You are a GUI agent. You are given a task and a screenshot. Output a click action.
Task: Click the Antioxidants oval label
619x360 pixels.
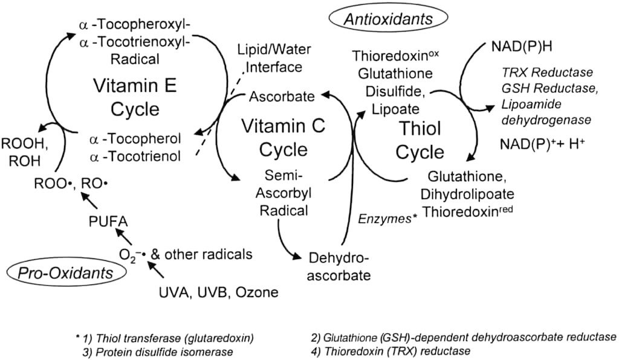tap(389, 19)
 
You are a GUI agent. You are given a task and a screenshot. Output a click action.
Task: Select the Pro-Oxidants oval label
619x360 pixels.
tap(66, 272)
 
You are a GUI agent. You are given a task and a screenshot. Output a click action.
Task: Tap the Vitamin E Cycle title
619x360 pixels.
tap(135, 97)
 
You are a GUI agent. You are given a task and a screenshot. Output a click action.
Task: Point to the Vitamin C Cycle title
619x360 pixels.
tap(284, 138)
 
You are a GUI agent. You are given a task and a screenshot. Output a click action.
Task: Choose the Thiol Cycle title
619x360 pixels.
tap(420, 140)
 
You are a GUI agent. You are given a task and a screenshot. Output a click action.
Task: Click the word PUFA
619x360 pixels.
tap(108, 222)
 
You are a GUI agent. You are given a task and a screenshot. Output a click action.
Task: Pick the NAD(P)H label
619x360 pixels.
tap(522, 47)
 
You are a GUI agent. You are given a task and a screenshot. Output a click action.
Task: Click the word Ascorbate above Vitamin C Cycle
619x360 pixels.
tap(282, 96)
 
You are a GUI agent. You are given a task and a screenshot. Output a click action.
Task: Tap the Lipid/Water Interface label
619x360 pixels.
tap(274, 58)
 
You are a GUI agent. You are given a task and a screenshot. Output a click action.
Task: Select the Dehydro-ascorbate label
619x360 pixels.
tap(339, 266)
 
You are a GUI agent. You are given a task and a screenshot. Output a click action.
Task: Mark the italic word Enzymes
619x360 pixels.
tap(385, 219)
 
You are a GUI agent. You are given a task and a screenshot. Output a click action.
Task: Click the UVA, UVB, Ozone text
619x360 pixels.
tap(219, 292)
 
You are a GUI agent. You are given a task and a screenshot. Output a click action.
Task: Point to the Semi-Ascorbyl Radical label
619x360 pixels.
tap(284, 193)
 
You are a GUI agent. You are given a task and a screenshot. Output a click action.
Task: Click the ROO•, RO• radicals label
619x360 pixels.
tap(71, 184)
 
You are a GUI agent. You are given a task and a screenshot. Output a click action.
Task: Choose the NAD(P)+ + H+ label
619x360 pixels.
tap(542, 144)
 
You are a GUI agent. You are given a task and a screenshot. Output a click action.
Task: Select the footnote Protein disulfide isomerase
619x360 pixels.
tap(158, 352)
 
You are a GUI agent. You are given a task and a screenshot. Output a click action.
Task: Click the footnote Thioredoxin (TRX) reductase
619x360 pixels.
tap(391, 350)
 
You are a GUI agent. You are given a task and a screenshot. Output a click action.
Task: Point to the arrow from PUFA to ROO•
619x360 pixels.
tap(89, 201)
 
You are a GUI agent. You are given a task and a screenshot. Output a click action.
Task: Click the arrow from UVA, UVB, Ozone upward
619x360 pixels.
tap(155, 270)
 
